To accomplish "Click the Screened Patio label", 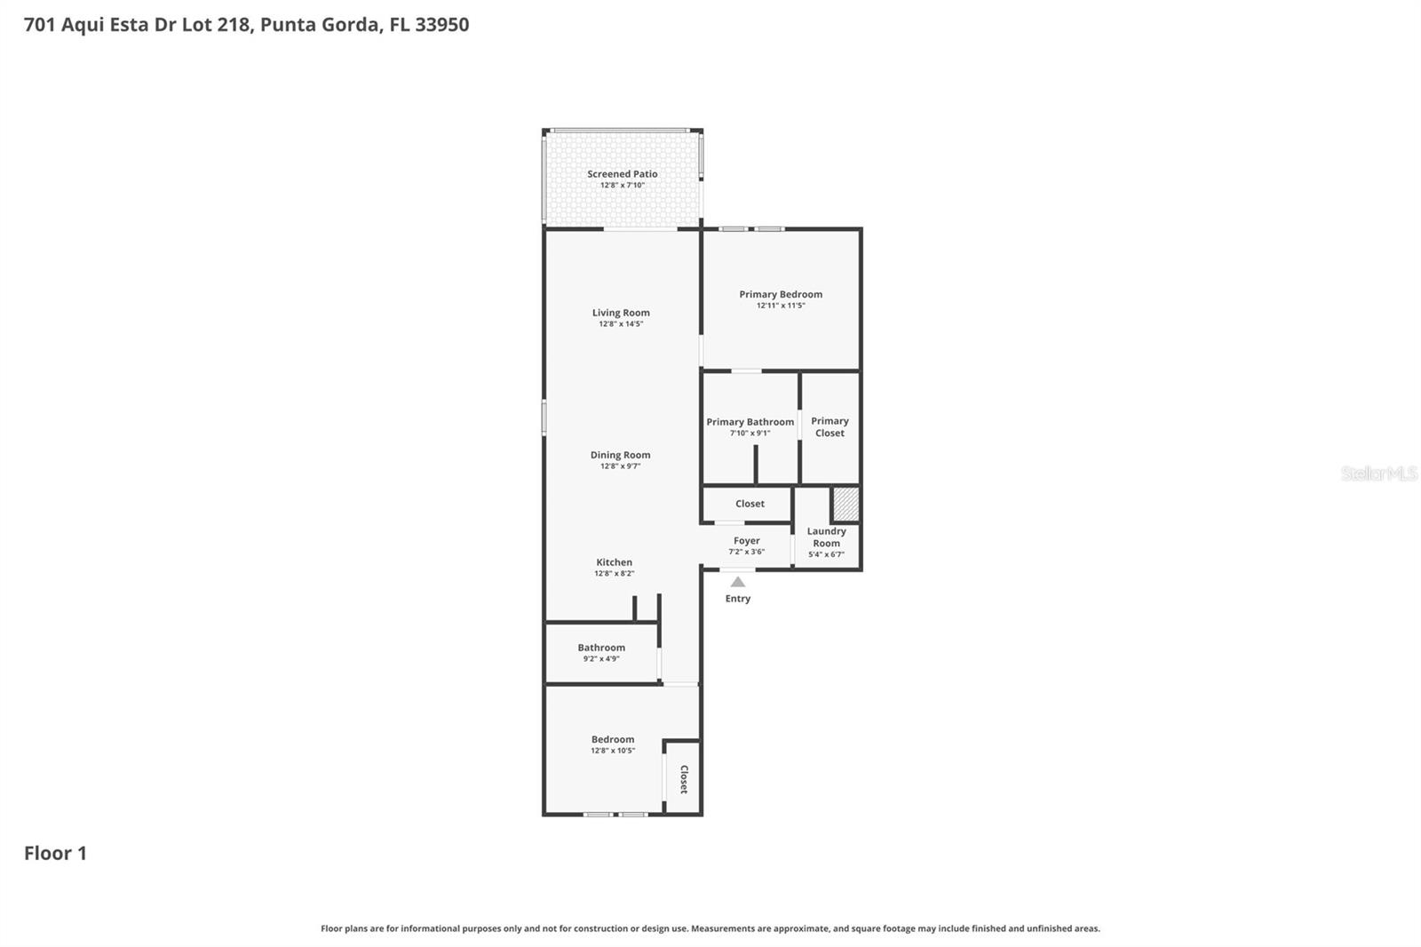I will (622, 174).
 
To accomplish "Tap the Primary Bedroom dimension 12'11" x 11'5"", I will (781, 306).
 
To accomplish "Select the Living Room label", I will (621, 313).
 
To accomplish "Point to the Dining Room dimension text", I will (620, 466).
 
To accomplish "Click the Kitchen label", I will (614, 562).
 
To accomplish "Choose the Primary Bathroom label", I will (750, 422).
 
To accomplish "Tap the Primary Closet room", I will (830, 427).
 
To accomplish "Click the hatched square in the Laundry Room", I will (845, 505).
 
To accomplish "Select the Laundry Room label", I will (826, 537).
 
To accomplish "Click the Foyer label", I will (746, 540).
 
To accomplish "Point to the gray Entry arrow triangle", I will (737, 583).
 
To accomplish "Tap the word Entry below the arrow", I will (737, 599).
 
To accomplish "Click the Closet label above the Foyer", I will (750, 504).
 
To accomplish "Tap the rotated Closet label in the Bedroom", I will (684, 779).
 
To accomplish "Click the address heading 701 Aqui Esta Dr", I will (246, 25).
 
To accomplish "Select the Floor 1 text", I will (55, 854).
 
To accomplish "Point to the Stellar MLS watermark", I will (1378, 473).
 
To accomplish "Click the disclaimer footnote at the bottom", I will (710, 928).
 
